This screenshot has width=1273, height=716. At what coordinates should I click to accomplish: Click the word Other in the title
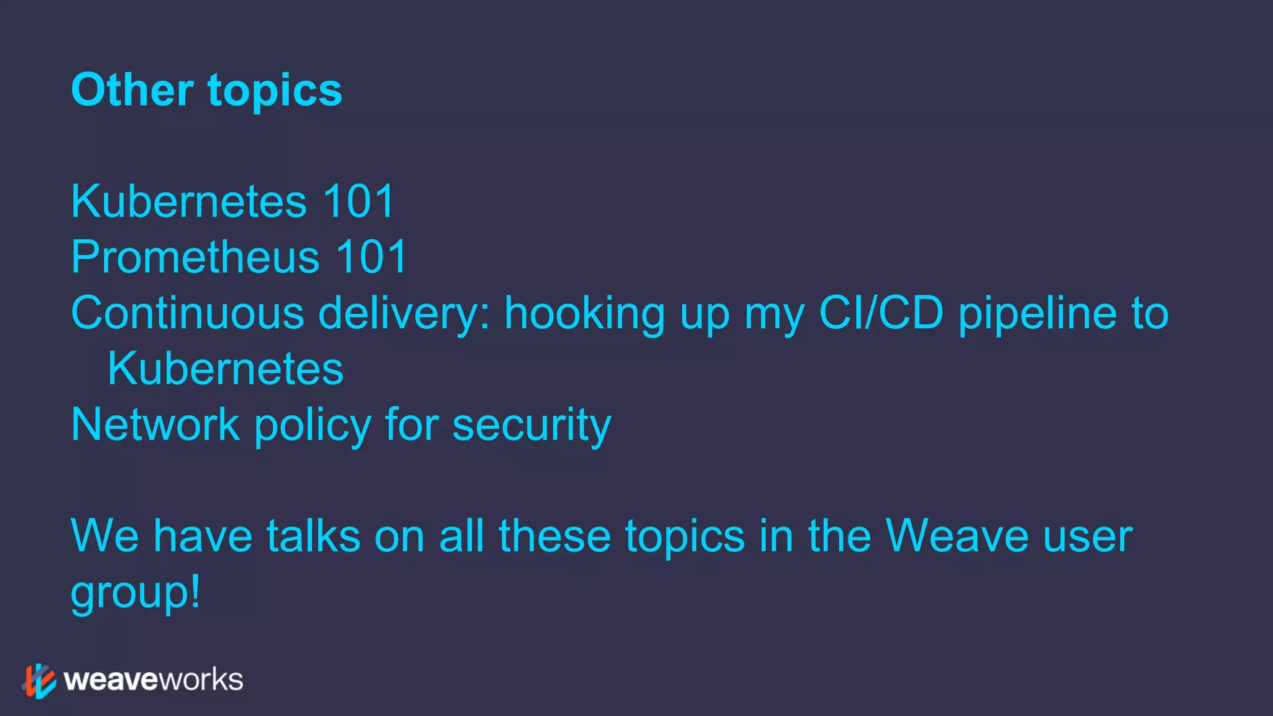132,90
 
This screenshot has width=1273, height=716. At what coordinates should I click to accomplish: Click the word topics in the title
275,91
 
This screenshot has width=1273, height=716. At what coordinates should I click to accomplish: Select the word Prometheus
195,257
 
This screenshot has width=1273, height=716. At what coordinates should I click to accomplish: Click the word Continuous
187,313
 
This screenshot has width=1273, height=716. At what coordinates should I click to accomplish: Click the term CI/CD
881,313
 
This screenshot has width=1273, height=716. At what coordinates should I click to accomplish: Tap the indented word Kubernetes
225,369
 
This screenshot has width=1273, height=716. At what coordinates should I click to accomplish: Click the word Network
155,425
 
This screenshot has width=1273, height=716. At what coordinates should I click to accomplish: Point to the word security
531,426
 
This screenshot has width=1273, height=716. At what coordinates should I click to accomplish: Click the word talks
313,536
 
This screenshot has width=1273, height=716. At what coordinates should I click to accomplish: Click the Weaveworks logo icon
40,681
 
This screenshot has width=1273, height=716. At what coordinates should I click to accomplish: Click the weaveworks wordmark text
153,680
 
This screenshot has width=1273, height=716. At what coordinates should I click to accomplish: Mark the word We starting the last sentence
104,536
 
